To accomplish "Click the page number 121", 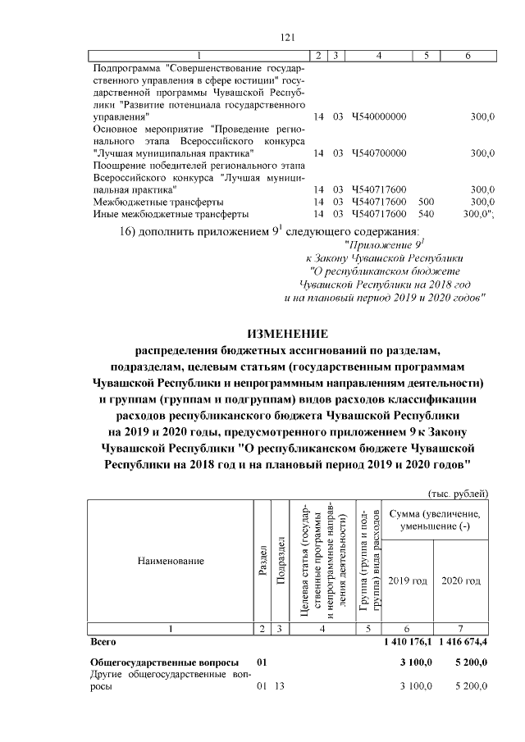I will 287,37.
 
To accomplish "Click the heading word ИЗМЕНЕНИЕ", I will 287,334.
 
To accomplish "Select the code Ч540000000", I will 378,117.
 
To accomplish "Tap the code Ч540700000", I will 378,153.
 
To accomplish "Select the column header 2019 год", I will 408,580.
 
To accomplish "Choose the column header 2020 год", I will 461,580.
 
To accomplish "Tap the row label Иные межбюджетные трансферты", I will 171,214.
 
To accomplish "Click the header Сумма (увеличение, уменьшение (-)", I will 435,518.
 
